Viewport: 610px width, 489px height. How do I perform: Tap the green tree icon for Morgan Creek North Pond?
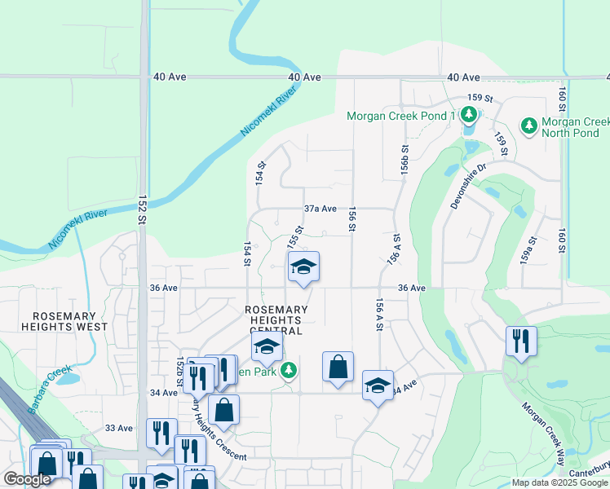coord(528,126)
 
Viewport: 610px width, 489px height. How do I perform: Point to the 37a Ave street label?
coord(320,209)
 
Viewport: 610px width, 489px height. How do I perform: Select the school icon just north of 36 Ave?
coord(303,267)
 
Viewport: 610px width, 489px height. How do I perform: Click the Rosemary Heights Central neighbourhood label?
coord(277,320)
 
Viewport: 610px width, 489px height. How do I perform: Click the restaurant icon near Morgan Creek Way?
coord(520,341)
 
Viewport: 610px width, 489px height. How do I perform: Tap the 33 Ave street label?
coord(119,428)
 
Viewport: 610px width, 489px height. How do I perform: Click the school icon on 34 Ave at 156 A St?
coord(378,385)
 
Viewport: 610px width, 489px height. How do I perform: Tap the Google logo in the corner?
coord(28,479)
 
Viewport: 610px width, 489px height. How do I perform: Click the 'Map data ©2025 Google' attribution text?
coord(559,482)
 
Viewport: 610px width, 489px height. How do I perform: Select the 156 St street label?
coord(352,218)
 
